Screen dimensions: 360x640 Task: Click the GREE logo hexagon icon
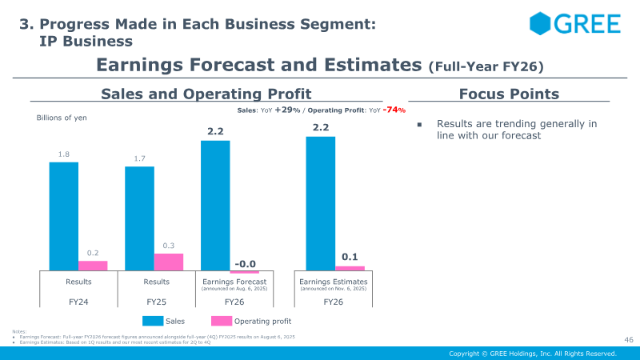coord(541,23)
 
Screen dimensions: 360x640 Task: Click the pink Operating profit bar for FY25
coord(169,262)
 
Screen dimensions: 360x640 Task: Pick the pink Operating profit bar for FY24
coord(93,266)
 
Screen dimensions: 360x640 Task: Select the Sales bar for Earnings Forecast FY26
coord(215,206)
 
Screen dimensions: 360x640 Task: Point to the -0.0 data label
coord(246,264)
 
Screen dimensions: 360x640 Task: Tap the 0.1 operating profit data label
coord(350,257)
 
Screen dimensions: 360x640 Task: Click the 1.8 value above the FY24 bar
coord(64,154)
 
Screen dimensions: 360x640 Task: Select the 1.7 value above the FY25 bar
coord(139,158)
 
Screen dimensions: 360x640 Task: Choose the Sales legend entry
coord(163,321)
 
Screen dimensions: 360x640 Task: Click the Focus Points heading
coord(509,94)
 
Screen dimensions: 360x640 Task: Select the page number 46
coord(628,340)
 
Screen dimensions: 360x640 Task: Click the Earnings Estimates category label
coord(333,282)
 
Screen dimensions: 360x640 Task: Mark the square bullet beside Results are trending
coord(420,125)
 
